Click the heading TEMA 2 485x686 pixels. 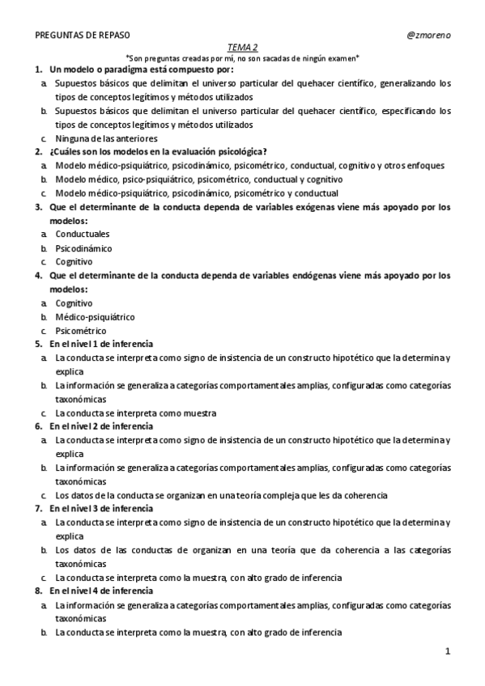pyautogui.click(x=243, y=48)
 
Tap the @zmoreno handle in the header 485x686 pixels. pyautogui.click(x=428, y=36)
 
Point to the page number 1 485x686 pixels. pyautogui.click(x=446, y=650)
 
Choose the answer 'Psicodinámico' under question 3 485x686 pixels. pyautogui.click(x=83, y=248)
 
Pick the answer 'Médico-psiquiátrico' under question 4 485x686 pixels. pyautogui.click(x=95, y=317)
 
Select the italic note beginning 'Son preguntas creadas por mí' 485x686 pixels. pyautogui.click(x=243, y=58)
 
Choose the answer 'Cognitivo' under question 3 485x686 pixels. pyautogui.click(x=74, y=262)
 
